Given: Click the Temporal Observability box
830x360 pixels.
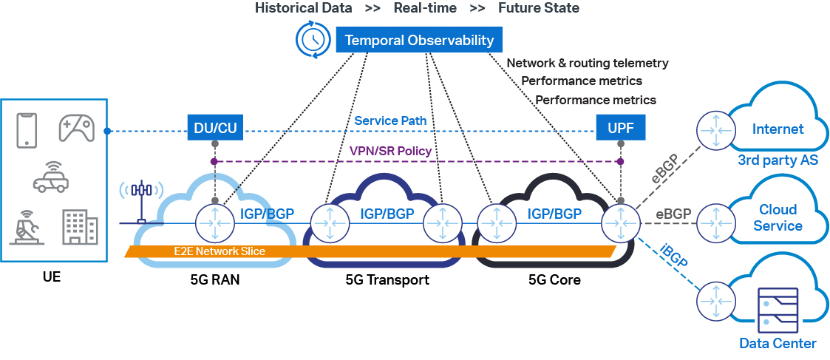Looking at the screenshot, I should pyautogui.click(x=419, y=40).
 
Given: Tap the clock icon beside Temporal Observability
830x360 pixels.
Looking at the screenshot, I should pyautogui.click(x=313, y=40).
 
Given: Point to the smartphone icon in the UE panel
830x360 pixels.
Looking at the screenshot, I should pyautogui.click(x=27, y=129).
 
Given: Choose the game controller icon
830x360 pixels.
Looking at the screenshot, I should pyautogui.click(x=76, y=128).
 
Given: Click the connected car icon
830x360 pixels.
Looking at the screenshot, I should pyautogui.click(x=51, y=177).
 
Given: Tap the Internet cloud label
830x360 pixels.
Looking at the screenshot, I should pyautogui.click(x=778, y=129).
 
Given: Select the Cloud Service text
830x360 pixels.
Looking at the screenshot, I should pyautogui.click(x=778, y=218).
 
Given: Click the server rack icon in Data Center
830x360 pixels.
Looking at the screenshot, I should pyautogui.click(x=778, y=309).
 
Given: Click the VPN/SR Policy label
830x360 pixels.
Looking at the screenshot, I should pyautogui.click(x=390, y=151).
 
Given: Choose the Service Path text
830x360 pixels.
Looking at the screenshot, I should pyautogui.click(x=390, y=120).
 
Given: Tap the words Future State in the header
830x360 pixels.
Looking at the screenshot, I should pyautogui.click(x=538, y=8).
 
